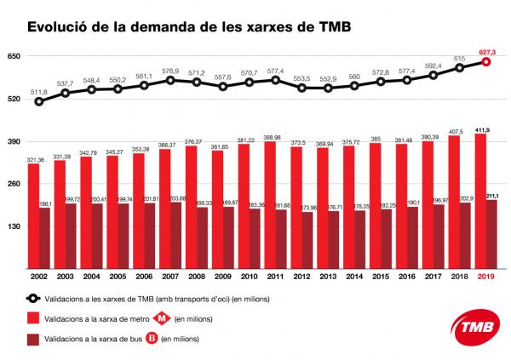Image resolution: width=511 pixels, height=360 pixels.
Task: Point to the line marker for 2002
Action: click(39, 101)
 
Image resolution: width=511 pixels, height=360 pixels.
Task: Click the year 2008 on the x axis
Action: click(195, 277)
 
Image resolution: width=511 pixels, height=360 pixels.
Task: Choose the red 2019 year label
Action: click(486, 277)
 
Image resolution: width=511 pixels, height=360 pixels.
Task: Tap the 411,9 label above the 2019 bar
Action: click(482, 128)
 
